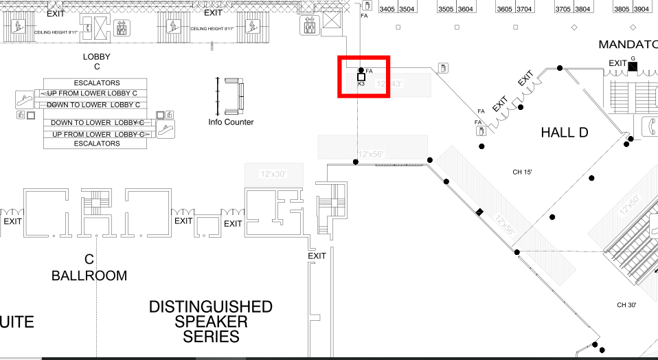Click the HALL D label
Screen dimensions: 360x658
tap(565, 133)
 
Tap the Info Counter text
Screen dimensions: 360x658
tap(231, 122)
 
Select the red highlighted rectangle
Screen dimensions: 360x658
tap(364, 77)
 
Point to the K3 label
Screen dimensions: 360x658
tap(361, 85)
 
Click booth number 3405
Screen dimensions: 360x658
tap(387, 10)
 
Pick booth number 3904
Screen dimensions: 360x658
tap(642, 10)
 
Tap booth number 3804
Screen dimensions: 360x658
tap(583, 10)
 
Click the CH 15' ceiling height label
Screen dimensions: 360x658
tap(523, 172)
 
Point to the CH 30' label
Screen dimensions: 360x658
tap(627, 305)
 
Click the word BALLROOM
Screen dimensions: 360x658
tap(89, 276)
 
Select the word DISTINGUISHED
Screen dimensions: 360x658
tap(211, 306)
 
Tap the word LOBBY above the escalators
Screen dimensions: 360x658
tap(96, 57)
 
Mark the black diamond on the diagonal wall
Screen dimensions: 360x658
tap(480, 211)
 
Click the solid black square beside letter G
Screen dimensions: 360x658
tap(633, 66)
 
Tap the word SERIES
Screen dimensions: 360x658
tap(211, 337)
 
